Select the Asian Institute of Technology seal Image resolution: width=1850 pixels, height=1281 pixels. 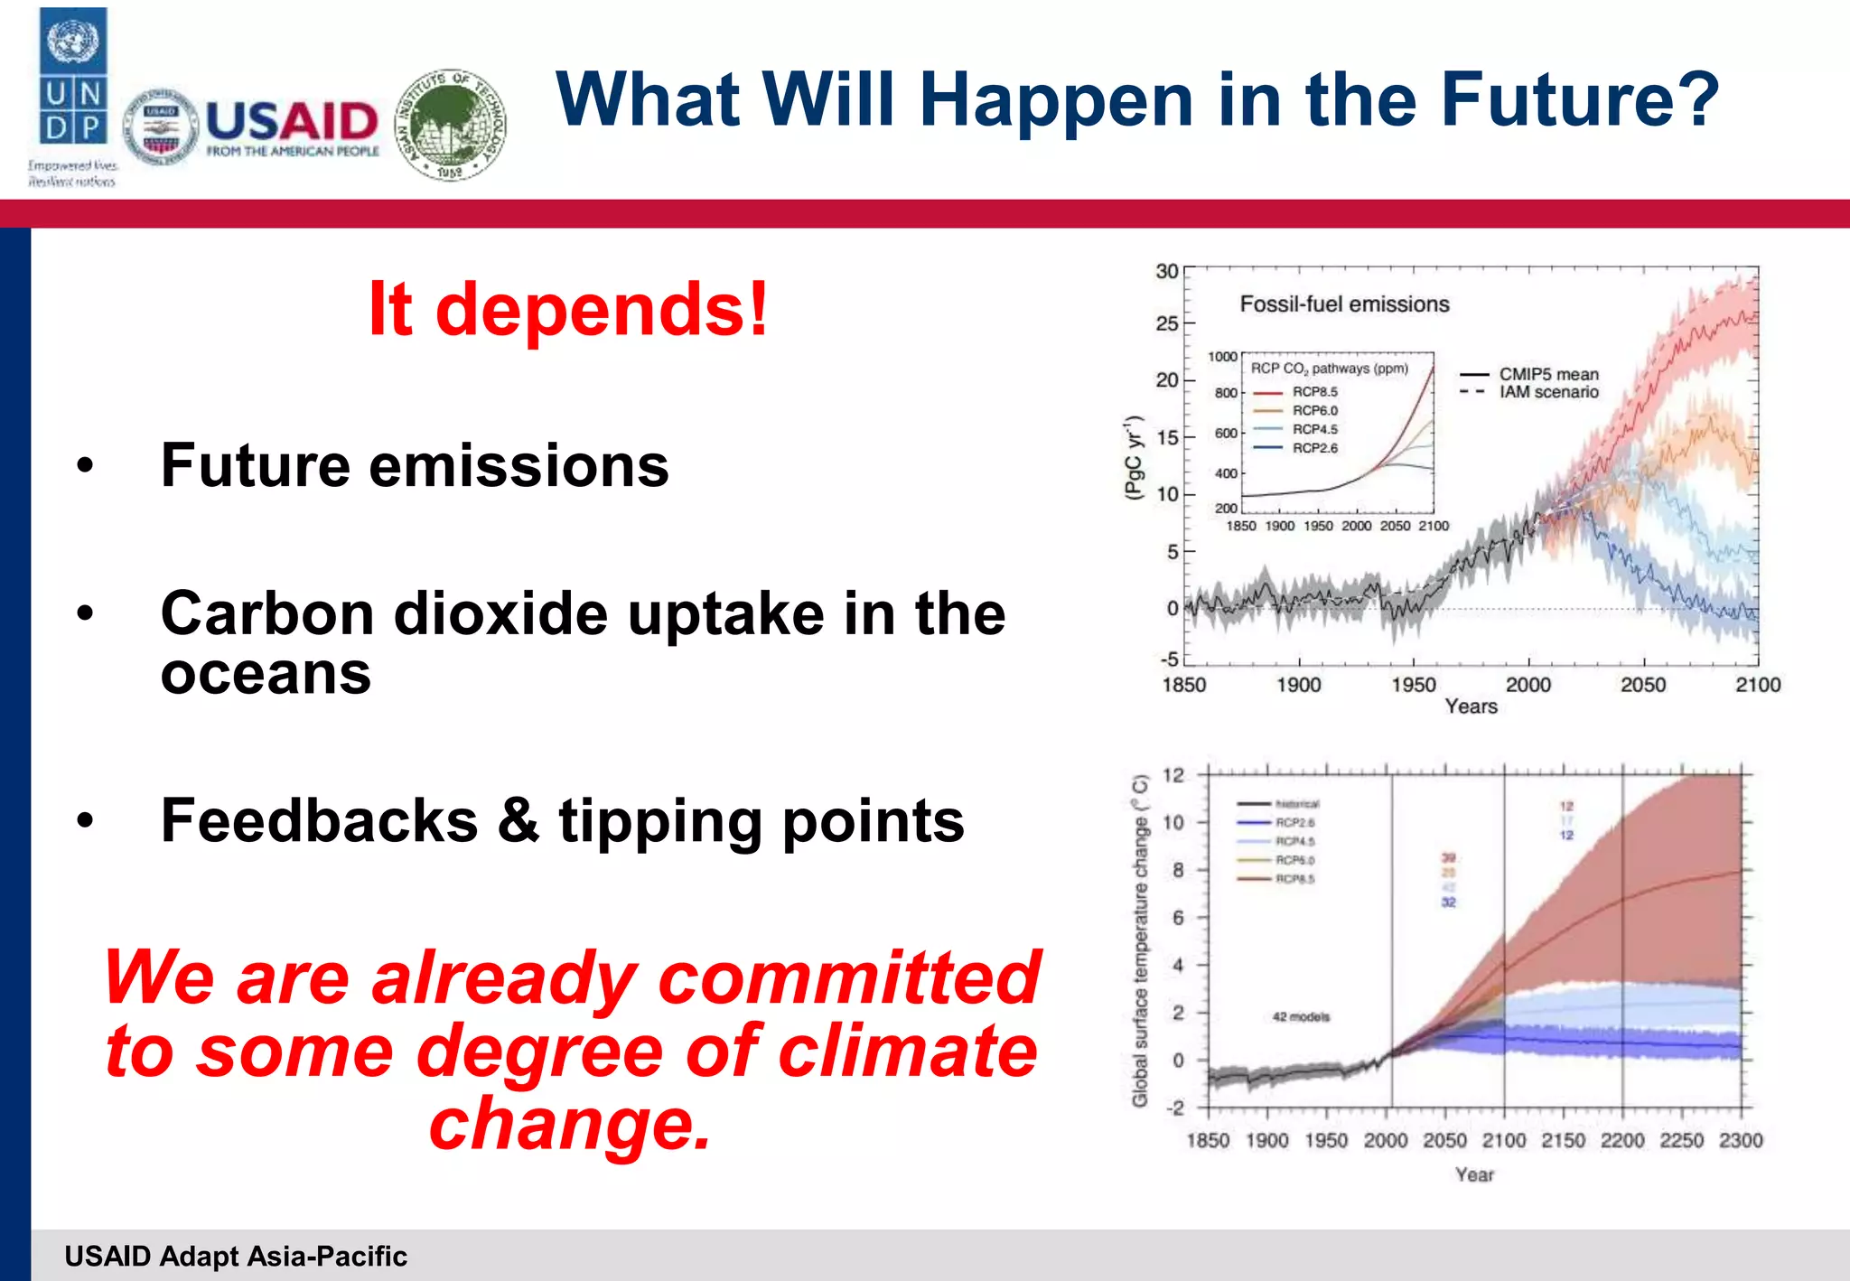(451, 125)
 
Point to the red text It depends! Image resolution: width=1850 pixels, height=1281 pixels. (568, 309)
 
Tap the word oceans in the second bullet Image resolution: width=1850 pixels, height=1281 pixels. (266, 674)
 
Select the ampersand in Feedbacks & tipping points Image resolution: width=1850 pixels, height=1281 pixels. (518, 821)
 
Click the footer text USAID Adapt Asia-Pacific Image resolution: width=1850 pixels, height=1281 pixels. (236, 1257)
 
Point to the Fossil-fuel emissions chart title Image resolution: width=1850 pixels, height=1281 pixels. (1344, 304)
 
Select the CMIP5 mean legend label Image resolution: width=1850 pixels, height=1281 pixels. (1548, 374)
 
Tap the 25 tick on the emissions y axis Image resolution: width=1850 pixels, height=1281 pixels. (1167, 323)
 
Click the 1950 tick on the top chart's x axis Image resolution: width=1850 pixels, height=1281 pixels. (1413, 685)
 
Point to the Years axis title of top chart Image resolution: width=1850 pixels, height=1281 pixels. (1471, 706)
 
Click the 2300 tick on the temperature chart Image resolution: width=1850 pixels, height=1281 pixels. (1740, 1140)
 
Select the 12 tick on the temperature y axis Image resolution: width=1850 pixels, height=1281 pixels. (1173, 775)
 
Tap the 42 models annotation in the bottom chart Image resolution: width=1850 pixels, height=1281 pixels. (1301, 1017)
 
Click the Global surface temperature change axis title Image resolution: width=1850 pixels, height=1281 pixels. (1140, 940)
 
